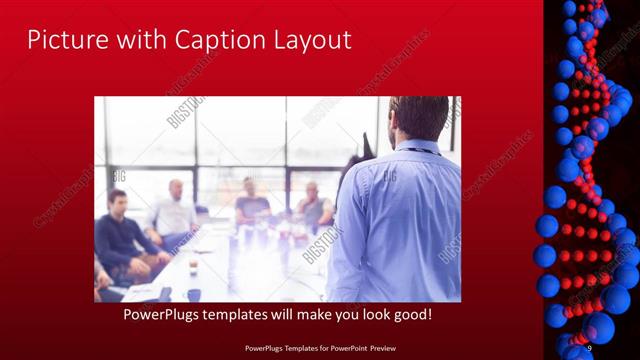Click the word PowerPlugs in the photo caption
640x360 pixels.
coord(164,315)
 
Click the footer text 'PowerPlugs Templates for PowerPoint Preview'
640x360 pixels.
coord(320,347)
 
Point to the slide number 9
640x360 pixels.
coord(589,347)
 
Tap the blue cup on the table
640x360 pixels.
coord(193,293)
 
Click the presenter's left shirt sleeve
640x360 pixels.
coord(346,240)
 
